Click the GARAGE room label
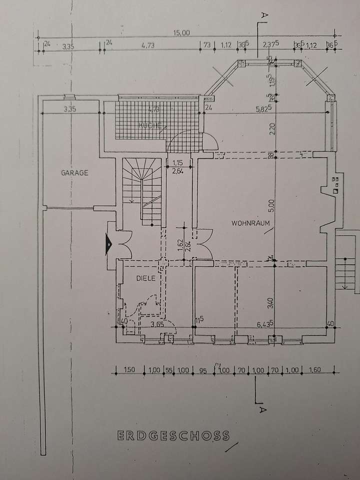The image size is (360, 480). pyautogui.click(x=74, y=173)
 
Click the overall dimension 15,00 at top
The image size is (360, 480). pyautogui.click(x=181, y=33)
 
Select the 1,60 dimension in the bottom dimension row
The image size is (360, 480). pyautogui.click(x=315, y=370)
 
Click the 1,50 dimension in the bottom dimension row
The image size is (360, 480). pyautogui.click(x=129, y=370)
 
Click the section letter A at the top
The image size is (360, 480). pyautogui.click(x=263, y=15)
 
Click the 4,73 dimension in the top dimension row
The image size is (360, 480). pyautogui.click(x=146, y=45)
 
